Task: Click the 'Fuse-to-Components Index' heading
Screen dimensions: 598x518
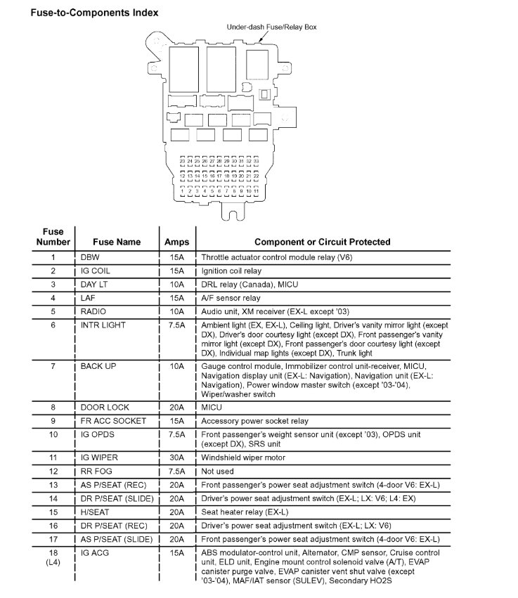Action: pos(94,12)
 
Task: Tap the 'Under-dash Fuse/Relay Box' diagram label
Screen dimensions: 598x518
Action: pos(271,27)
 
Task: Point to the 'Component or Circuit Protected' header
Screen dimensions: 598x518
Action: pos(322,242)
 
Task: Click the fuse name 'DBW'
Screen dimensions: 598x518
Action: pos(91,257)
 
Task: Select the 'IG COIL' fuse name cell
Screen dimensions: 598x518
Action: pos(95,271)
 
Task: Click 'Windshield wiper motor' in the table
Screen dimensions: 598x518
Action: pos(245,457)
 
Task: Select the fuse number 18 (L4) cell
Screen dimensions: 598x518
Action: pos(53,558)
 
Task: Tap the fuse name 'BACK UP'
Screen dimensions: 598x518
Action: pos(99,367)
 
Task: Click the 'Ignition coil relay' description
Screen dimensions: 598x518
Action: pos(231,271)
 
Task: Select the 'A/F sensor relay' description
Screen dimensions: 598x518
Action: pos(231,298)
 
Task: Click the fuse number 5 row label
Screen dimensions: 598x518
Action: pos(53,311)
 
